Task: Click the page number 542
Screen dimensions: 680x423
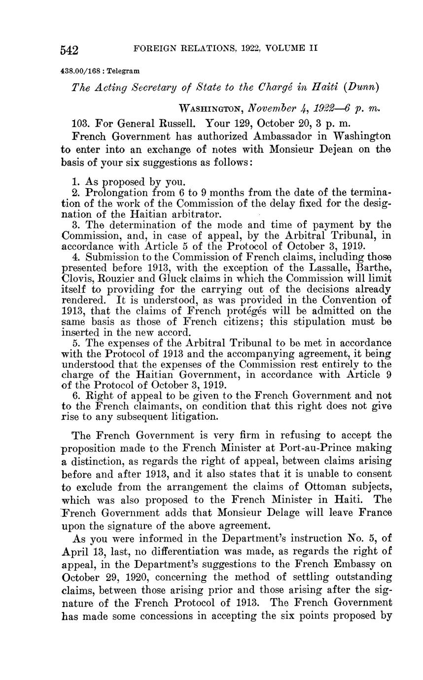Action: [x=70, y=50]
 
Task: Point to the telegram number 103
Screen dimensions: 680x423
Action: [x=81, y=122]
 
